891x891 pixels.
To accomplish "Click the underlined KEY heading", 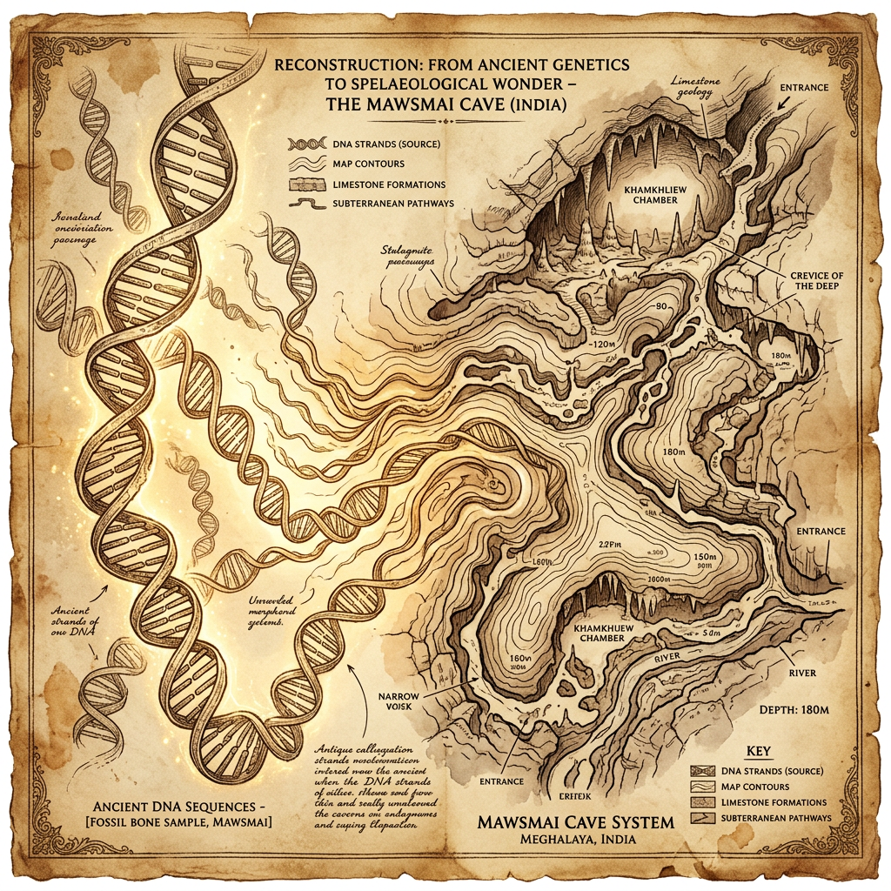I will (x=760, y=750).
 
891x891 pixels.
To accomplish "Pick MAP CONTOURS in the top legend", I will (x=369, y=164).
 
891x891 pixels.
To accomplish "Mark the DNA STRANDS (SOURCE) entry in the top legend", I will (x=385, y=143).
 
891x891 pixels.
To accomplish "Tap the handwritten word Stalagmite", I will (x=407, y=251).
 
